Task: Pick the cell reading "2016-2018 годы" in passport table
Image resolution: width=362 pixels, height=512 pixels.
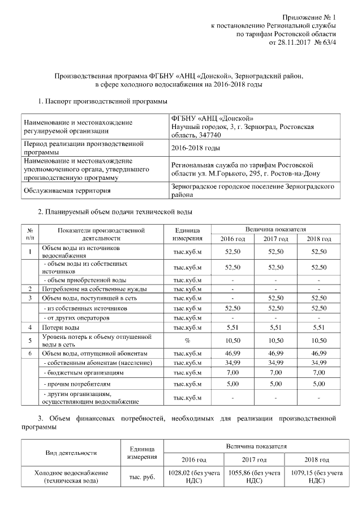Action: click(x=195, y=148)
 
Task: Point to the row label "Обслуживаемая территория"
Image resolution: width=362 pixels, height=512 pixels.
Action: click(x=67, y=191)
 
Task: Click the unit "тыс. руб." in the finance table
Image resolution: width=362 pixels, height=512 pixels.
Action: click(x=141, y=477)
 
